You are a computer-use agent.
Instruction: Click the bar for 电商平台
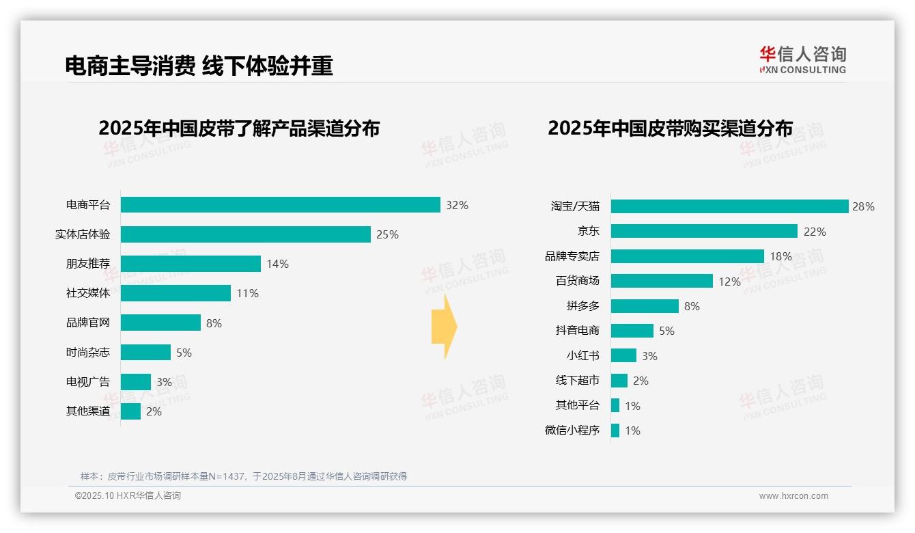pos(280,205)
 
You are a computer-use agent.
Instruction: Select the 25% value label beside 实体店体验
pos(387,235)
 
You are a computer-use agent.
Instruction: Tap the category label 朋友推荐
pos(87,264)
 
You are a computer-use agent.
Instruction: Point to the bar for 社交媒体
pos(175,293)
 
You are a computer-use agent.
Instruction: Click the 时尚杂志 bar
pos(145,353)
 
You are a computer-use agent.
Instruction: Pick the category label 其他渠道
pos(87,411)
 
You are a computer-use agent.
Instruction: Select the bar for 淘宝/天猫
pos(729,206)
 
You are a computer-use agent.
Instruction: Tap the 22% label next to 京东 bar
pos(815,232)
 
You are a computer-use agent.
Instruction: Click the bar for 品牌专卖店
pos(687,256)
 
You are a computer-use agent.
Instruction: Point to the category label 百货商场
pos(577,281)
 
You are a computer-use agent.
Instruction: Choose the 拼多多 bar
pos(645,306)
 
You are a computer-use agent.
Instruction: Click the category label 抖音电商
pos(577,331)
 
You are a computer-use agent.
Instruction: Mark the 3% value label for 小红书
pos(649,356)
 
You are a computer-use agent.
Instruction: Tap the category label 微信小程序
pos(572,430)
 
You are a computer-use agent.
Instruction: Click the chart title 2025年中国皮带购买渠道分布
pos(670,128)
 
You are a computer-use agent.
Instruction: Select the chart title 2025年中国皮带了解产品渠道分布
pos(238,128)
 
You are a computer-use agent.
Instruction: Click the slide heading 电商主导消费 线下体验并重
pos(199,66)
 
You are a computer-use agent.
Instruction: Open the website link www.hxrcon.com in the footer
pos(793,496)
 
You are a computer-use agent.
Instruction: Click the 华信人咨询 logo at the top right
pos(802,60)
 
